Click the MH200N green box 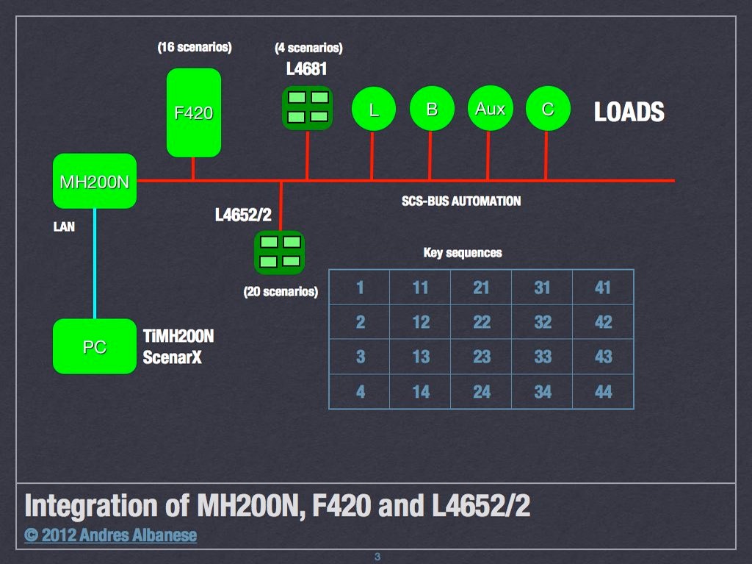[95, 181]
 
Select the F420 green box [194, 113]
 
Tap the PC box [95, 346]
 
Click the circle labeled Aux [490, 109]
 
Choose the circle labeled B [432, 110]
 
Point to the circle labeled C [547, 110]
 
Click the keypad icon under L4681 [308, 107]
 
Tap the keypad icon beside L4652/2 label [279, 251]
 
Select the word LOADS [629, 112]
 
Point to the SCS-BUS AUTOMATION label [461, 201]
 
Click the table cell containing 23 [481, 357]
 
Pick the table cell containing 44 [603, 392]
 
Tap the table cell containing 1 [360, 287]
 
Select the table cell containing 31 [542, 287]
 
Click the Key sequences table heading [463, 253]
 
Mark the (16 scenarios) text [195, 48]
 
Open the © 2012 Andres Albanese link [111, 535]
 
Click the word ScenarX [172, 358]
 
